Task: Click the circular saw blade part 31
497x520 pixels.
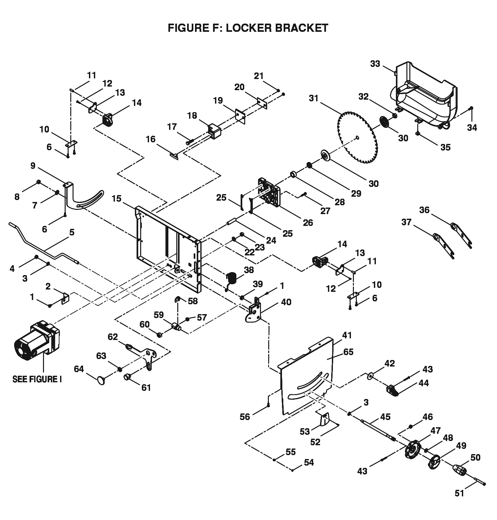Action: pos(357,138)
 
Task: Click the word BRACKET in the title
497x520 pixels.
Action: pos(301,28)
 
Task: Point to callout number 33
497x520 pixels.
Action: pos(375,64)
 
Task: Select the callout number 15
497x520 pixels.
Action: pos(117,199)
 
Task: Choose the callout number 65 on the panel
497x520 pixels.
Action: pos(348,352)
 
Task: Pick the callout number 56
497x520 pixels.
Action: pos(245,417)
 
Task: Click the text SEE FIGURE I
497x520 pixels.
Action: pos(37,379)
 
